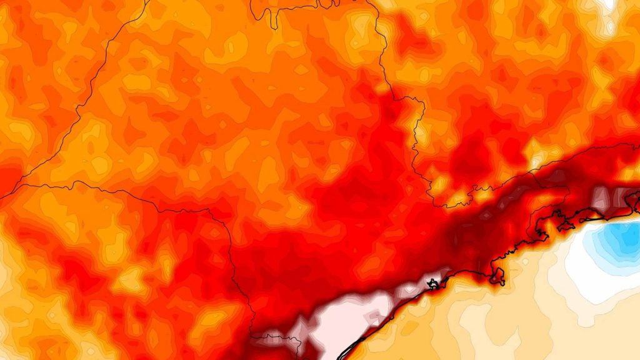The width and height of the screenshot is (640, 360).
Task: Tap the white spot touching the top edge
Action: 606,3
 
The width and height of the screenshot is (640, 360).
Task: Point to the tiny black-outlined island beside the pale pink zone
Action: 432,285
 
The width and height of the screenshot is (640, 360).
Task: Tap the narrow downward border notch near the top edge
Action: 273,19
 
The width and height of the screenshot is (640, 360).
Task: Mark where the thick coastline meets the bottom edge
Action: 339,358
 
